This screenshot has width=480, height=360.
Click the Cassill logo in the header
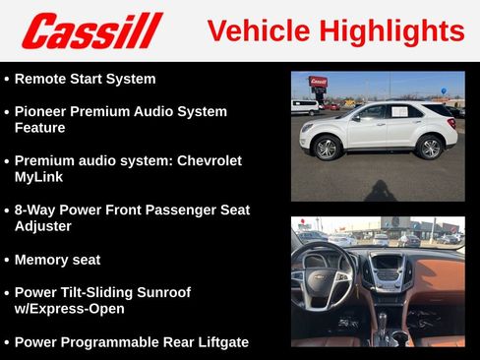pos(91,30)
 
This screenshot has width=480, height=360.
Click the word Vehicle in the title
pos(254,30)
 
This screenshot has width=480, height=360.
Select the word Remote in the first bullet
pos(43,79)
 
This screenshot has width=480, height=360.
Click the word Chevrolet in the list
pos(202,160)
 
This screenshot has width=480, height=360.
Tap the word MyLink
pos(42,177)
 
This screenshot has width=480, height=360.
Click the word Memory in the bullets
pos(43,260)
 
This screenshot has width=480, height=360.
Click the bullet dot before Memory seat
pos(7,261)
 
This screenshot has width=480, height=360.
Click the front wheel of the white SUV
pos(327,149)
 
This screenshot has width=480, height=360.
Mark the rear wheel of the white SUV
pos(430,148)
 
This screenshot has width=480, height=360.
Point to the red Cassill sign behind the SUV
pos(318,82)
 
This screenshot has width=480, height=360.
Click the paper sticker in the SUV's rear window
pos(400,112)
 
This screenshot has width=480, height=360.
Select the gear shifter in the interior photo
pos(384,321)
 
